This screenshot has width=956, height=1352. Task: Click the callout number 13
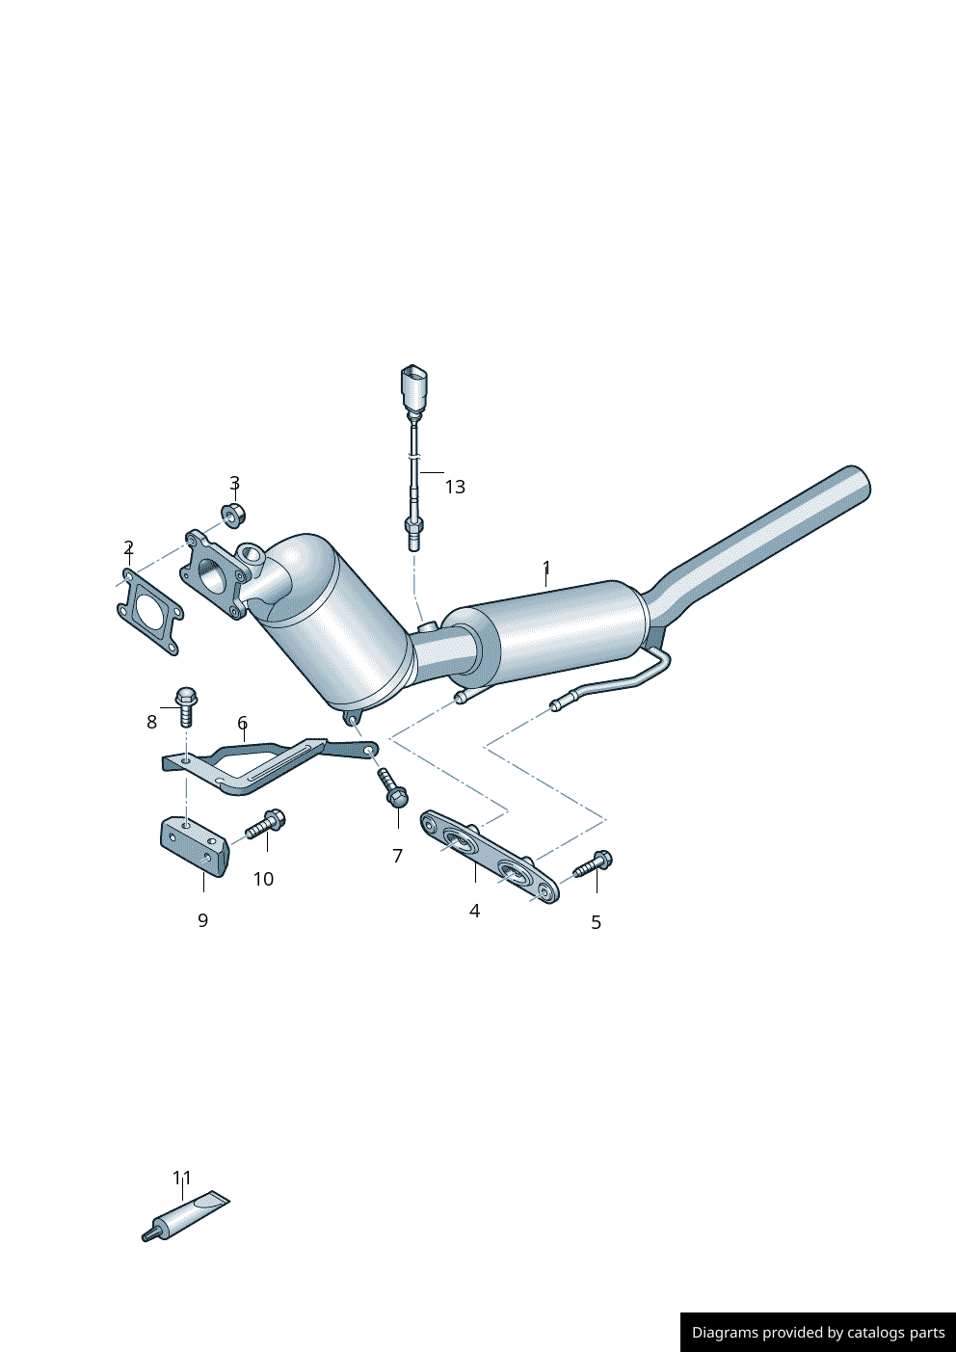tap(455, 487)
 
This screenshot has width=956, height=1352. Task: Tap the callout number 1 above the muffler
tap(546, 568)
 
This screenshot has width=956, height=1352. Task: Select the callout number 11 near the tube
tap(182, 1178)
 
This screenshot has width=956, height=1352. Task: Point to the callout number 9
tap(202, 920)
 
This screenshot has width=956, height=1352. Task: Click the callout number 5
tap(596, 922)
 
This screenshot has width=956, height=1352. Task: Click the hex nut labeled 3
tap(233, 515)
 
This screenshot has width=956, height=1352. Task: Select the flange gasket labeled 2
tap(149, 614)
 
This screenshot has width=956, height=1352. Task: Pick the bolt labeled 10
tap(264, 826)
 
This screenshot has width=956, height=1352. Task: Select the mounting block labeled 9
tap(194, 846)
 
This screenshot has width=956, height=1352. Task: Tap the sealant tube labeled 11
tap(188, 1217)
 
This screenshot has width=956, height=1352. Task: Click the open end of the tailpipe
tap(858, 482)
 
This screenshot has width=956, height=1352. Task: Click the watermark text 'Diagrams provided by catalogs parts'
tap(818, 1333)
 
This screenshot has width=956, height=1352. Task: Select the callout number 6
tap(242, 723)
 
